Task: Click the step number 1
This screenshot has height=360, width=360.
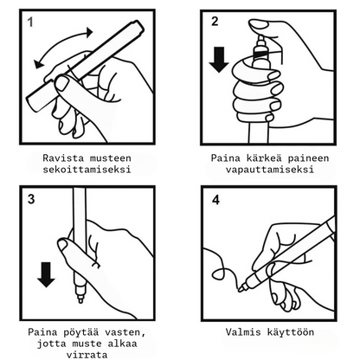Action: pyautogui.click(x=30, y=22)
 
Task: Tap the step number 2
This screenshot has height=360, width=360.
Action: pyautogui.click(x=215, y=22)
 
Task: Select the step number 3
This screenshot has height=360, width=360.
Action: pyautogui.click(x=31, y=199)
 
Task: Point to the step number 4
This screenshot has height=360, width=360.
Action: pyautogui.click(x=215, y=200)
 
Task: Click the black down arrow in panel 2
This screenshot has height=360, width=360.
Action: pyautogui.click(x=219, y=60)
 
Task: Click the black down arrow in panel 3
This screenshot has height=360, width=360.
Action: pyautogui.click(x=46, y=274)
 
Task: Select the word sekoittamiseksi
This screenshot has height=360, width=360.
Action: pyautogui.click(x=87, y=169)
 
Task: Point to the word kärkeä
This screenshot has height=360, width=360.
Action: pyautogui.click(x=264, y=157)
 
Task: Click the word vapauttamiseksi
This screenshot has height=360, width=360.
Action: pyautogui.click(x=270, y=169)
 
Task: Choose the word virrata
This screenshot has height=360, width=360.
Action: pyautogui.click(x=87, y=355)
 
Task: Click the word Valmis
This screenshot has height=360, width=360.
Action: pyautogui.click(x=243, y=332)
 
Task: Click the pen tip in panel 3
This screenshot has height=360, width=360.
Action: pyautogui.click(x=80, y=300)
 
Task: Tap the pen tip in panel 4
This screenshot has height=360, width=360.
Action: pyautogui.click(x=241, y=288)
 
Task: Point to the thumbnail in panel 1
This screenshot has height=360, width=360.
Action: pyautogui.click(x=62, y=83)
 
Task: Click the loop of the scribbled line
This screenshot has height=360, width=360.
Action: pyautogui.click(x=220, y=273)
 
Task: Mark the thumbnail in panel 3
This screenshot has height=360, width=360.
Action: pyautogui.click(x=63, y=246)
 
